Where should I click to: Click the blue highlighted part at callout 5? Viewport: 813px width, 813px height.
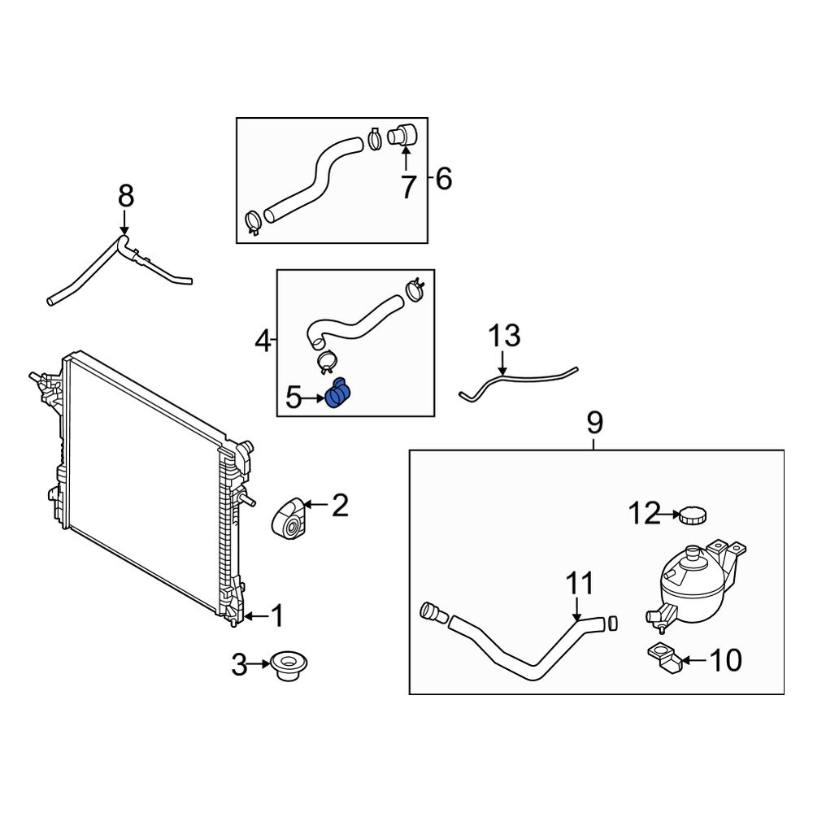(338, 393)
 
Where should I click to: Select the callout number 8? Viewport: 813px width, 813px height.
(126, 197)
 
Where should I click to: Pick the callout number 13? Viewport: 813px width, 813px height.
(504, 336)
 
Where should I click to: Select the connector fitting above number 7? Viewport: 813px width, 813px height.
(403, 135)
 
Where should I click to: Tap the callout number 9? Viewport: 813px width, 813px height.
(595, 423)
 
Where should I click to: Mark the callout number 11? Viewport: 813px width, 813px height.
(579, 584)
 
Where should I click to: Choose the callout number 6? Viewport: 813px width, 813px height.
(444, 179)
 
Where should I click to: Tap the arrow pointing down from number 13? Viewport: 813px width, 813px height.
(502, 363)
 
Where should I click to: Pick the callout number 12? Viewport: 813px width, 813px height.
(645, 513)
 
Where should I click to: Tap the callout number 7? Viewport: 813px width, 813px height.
(409, 187)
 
